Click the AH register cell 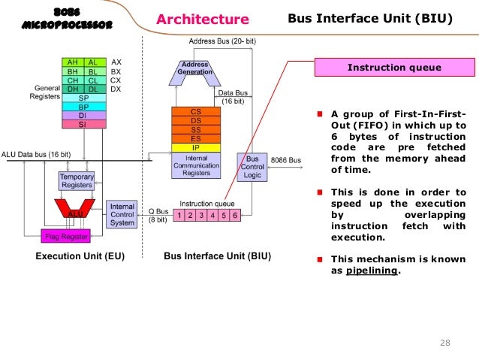click(73, 62)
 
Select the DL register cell click(92, 89)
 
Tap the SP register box click(82, 98)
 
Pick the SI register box click(82, 125)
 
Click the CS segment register click(195, 111)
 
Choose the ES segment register click(195, 138)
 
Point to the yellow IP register click(195, 147)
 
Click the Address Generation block click(195, 69)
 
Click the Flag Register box click(65, 237)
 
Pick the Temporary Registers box click(77, 180)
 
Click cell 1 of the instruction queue click(179, 215)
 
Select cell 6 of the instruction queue click(235, 215)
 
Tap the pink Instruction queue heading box click(394, 68)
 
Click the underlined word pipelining click(372, 271)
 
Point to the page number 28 click(444, 343)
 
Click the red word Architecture click(203, 19)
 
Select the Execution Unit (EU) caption click(81, 256)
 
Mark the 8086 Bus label click(285, 160)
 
